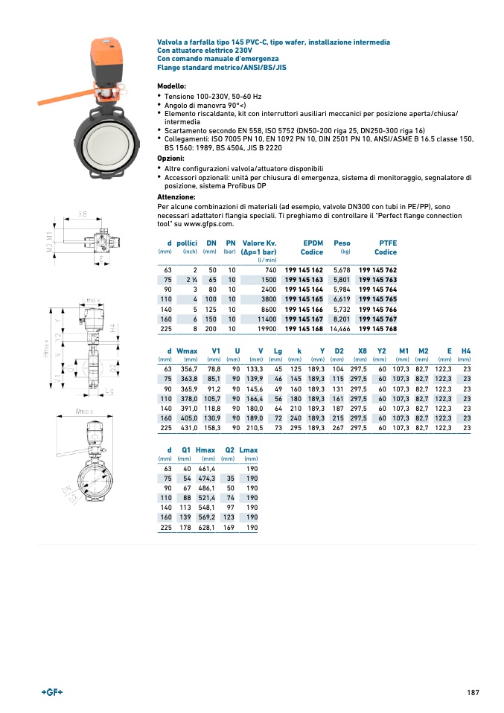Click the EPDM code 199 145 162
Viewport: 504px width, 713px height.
point(304,269)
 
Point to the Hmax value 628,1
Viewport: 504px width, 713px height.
point(205,528)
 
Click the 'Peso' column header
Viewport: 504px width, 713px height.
point(342,243)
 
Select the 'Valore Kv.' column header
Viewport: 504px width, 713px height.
point(260,243)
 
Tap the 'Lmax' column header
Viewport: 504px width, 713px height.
point(249,450)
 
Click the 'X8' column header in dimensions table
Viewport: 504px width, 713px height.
point(363,350)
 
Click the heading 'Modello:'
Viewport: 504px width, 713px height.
point(172,86)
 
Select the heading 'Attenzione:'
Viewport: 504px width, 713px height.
point(176,196)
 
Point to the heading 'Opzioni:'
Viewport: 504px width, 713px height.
point(172,159)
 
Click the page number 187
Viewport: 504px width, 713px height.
point(473,693)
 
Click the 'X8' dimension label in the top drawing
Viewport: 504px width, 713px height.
point(83,214)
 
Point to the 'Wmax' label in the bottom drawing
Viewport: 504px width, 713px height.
point(83,410)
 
